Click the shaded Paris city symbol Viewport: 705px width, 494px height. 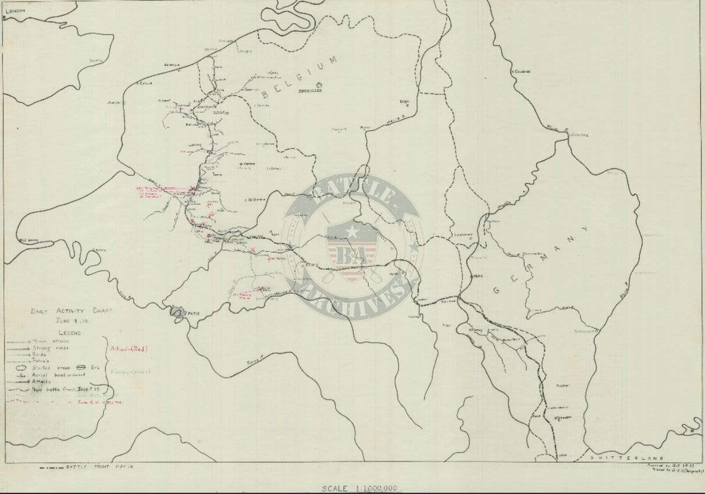(177, 313)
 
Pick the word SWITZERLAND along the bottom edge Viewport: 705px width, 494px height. (626, 458)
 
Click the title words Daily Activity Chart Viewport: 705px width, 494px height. (71, 311)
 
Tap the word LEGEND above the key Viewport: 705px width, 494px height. (69, 333)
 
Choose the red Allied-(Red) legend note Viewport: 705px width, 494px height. (129, 349)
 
